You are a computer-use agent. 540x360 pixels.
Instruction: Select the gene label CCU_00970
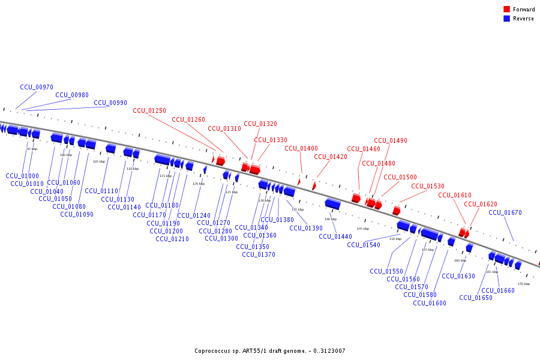[x=37, y=87]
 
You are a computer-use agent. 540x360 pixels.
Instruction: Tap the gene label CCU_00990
[x=110, y=103]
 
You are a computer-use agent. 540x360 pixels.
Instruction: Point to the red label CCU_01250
[x=149, y=110]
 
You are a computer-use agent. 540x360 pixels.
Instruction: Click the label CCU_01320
[x=260, y=124]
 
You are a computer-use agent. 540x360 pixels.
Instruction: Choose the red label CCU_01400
[x=301, y=148]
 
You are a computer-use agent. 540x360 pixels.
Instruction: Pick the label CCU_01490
[x=391, y=140]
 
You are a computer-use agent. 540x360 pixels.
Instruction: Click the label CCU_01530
[x=428, y=186]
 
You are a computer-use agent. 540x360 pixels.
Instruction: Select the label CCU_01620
[x=481, y=204]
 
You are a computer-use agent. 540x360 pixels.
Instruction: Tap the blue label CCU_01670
[x=505, y=212]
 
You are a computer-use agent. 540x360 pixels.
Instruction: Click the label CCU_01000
[x=22, y=176]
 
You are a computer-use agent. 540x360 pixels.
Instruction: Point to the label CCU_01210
[x=172, y=239]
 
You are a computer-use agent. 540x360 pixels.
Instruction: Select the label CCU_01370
[x=259, y=254]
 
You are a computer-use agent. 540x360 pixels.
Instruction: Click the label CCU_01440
[x=335, y=236]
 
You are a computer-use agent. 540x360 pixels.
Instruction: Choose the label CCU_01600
[x=430, y=303]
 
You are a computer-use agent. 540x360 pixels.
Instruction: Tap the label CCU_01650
[x=476, y=298]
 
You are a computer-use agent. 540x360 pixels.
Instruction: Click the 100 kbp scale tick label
[x=66, y=155]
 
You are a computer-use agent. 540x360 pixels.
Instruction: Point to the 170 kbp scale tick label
[x=523, y=284]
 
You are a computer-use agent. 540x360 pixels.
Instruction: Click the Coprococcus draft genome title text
[x=270, y=351]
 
